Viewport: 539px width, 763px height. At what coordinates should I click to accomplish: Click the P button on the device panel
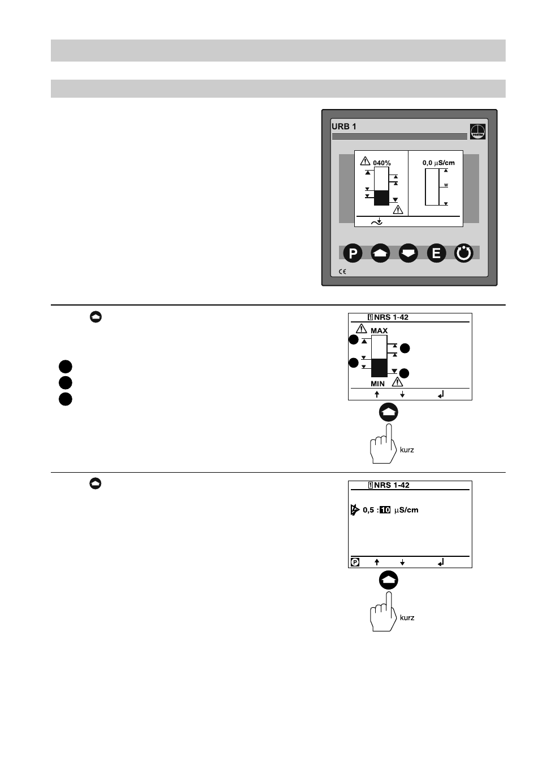[353, 253]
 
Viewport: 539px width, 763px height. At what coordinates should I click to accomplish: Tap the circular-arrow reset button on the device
[463, 253]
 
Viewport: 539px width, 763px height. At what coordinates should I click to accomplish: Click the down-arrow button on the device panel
[408, 253]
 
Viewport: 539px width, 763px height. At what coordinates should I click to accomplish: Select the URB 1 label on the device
[344, 127]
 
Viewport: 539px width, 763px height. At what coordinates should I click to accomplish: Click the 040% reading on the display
[381, 163]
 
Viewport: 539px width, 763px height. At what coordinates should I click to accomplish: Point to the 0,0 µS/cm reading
[438, 163]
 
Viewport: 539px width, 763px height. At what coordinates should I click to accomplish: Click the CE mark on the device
[342, 272]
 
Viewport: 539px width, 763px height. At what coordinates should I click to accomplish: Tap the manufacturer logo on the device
[477, 132]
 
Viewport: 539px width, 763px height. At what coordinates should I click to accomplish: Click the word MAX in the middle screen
[379, 331]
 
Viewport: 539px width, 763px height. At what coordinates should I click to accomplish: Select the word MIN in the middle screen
[377, 383]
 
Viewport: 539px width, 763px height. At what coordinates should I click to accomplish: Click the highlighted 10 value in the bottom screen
[385, 510]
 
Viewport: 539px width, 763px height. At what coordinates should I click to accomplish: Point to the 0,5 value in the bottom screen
[368, 510]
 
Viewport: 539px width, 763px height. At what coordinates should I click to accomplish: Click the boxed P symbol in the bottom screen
[355, 563]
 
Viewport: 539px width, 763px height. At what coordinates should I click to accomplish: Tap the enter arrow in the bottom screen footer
[441, 563]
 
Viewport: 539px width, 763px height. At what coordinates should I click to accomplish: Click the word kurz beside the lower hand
[407, 617]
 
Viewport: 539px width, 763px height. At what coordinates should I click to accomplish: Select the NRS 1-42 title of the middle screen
[391, 317]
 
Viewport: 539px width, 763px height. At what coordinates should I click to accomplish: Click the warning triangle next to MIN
[397, 382]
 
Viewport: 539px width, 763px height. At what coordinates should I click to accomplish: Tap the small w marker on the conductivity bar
[446, 185]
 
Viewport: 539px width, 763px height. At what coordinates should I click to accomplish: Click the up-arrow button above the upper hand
[388, 412]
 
